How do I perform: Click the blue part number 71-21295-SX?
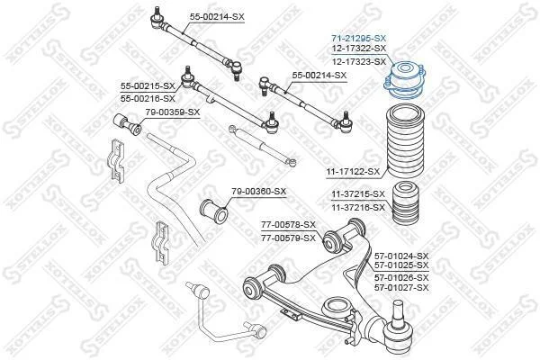[358, 38]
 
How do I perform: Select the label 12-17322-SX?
[358, 49]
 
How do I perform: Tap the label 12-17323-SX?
[358, 62]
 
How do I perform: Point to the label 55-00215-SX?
[148, 86]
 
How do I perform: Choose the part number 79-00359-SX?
[172, 112]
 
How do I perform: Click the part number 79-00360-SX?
[258, 191]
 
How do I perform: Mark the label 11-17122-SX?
[352, 171]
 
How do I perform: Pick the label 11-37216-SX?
[358, 208]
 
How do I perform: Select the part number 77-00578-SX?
[288, 225]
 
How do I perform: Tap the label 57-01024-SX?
[401, 256]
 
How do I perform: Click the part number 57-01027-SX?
[401, 287]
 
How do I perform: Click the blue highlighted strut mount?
[405, 80]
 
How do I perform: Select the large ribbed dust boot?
[405, 141]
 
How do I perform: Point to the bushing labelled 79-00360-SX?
[214, 210]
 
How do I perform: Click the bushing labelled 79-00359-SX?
[127, 125]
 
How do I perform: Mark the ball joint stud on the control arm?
[398, 311]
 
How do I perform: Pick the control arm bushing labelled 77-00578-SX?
[332, 240]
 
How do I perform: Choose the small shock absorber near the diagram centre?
[262, 146]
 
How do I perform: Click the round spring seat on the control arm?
[335, 306]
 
